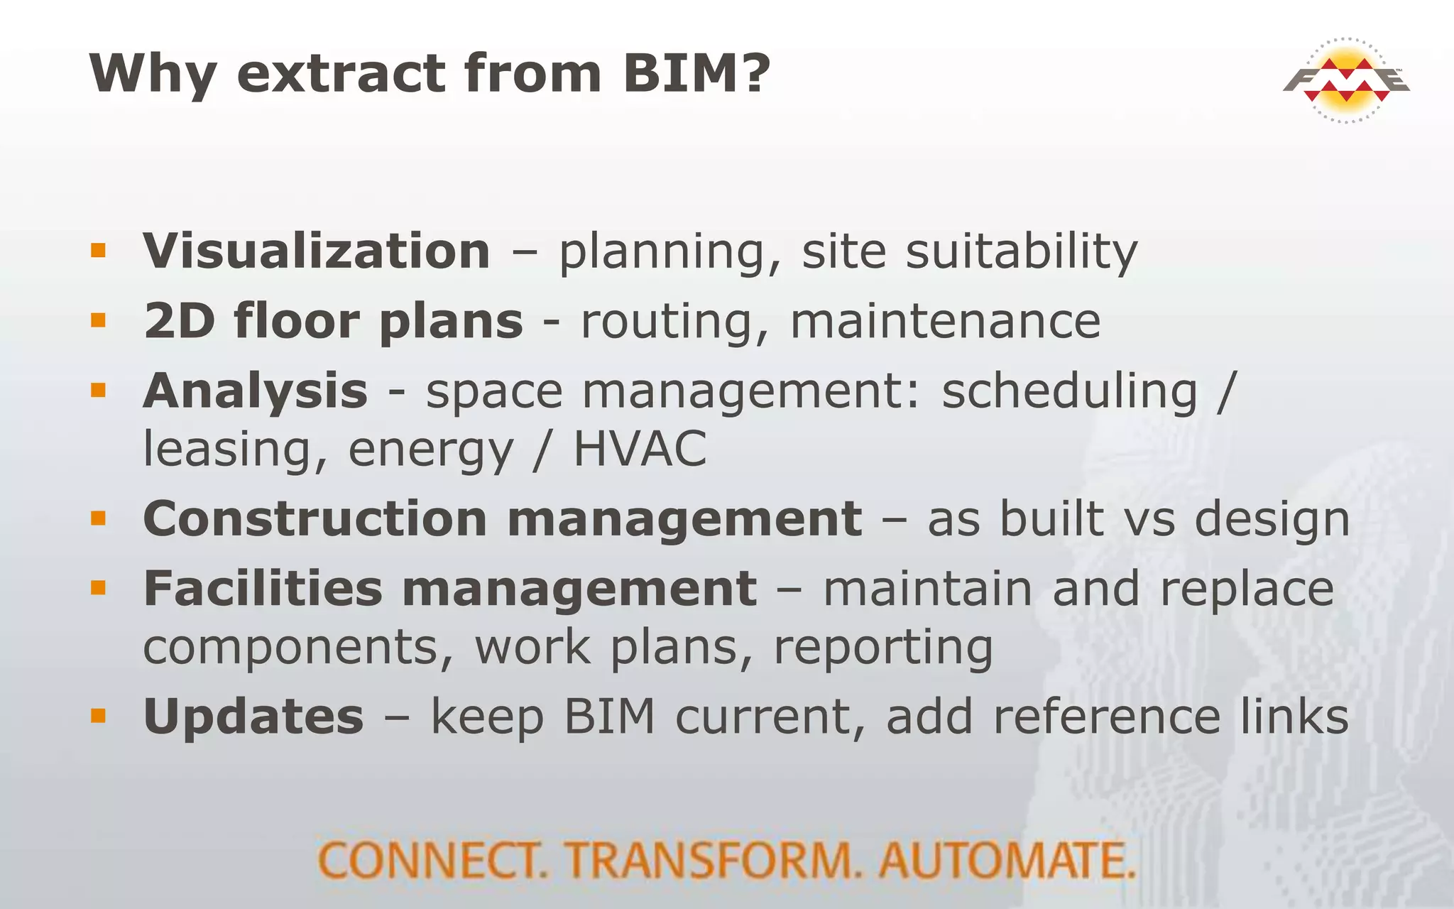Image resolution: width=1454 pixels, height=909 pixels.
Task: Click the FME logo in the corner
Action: [x=1345, y=80]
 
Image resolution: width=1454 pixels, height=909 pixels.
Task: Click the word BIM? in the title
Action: [x=696, y=73]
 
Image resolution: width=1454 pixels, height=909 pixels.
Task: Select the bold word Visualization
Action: [x=317, y=251]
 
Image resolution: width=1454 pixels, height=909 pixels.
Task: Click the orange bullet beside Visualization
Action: [x=98, y=250]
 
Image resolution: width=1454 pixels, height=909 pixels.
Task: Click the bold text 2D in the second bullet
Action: [x=179, y=320]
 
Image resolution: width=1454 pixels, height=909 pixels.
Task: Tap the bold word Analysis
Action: [x=256, y=391]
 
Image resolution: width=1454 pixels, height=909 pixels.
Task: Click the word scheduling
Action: [x=1069, y=391]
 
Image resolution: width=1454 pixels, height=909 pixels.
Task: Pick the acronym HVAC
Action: [x=640, y=449]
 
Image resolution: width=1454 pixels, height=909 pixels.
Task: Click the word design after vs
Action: [x=1272, y=520]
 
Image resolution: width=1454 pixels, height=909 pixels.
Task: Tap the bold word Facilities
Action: [x=263, y=589]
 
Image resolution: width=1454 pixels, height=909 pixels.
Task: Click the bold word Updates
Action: [x=253, y=716]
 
